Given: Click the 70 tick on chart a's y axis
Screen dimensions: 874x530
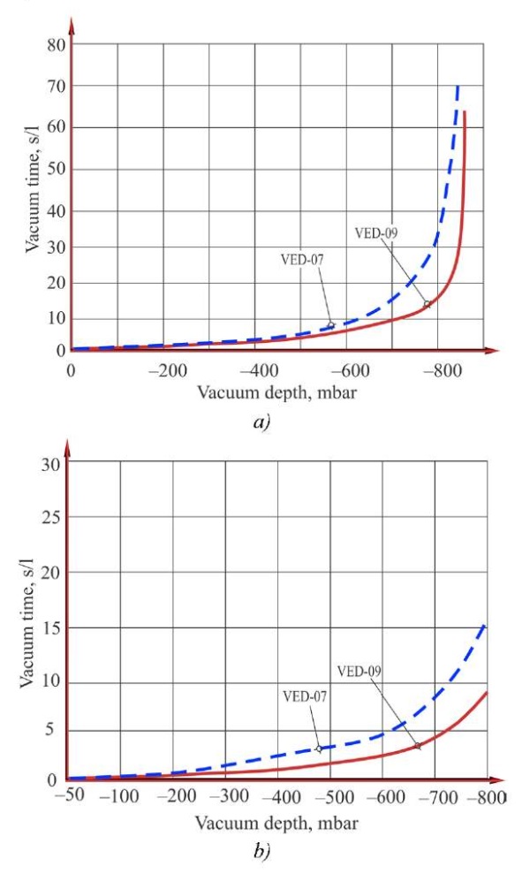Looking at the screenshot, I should click(x=54, y=87).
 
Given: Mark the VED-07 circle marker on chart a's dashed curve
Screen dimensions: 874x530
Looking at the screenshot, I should click(x=331, y=325).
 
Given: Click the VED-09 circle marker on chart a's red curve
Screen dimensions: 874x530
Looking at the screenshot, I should click(x=427, y=304).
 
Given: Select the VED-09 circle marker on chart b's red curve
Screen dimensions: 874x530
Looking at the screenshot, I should click(x=417, y=746).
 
